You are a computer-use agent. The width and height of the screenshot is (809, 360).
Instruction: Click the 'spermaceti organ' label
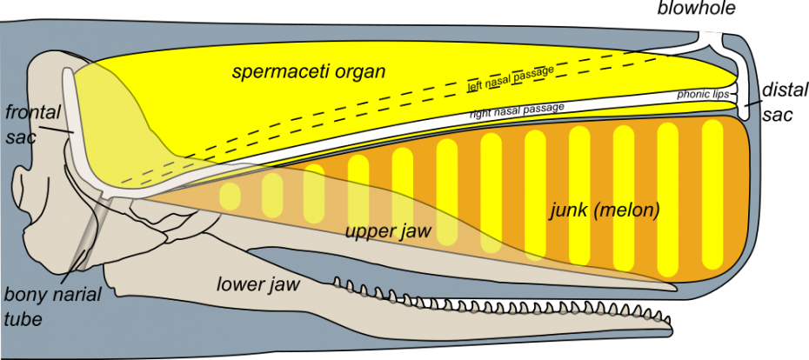click(308, 71)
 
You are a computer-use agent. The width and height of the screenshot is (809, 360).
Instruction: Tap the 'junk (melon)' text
click(605, 210)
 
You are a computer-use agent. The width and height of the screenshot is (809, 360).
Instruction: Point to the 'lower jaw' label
click(259, 283)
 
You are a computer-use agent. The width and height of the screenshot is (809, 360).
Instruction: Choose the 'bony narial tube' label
click(51, 306)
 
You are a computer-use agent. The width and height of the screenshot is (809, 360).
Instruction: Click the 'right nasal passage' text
click(517, 110)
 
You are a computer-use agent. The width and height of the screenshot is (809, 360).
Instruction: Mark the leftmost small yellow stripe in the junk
click(230, 196)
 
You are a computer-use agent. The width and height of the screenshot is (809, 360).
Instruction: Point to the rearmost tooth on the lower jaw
click(339, 282)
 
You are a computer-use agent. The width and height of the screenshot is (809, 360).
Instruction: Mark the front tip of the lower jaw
click(670, 329)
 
